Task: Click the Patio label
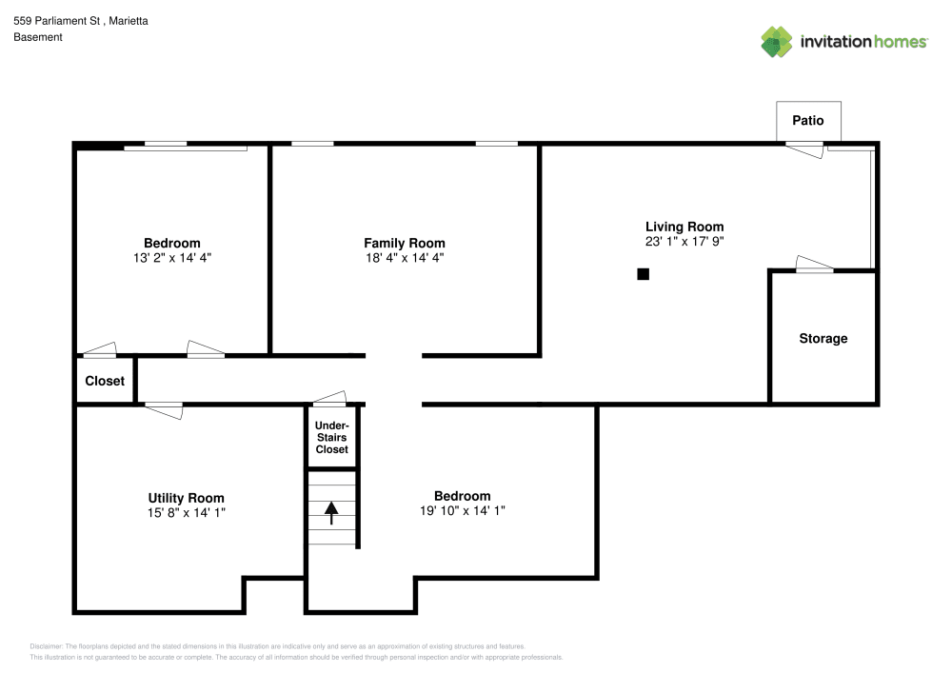tap(808, 121)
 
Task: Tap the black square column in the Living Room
tap(644, 274)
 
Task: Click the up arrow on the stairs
tap(331, 514)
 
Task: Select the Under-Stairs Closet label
tap(332, 437)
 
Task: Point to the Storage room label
tap(823, 339)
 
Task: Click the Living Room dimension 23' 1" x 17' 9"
tap(684, 242)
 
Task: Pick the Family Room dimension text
tap(404, 257)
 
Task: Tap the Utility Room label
tap(186, 498)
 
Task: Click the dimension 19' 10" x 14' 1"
tap(462, 510)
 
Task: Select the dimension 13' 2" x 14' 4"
tap(171, 257)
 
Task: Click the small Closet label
tap(105, 381)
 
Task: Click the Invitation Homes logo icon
tap(777, 41)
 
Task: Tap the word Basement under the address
tap(38, 37)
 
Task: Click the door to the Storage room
tap(814, 266)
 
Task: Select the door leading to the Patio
tap(804, 148)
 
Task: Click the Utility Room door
tap(163, 408)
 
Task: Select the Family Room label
tap(404, 243)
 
